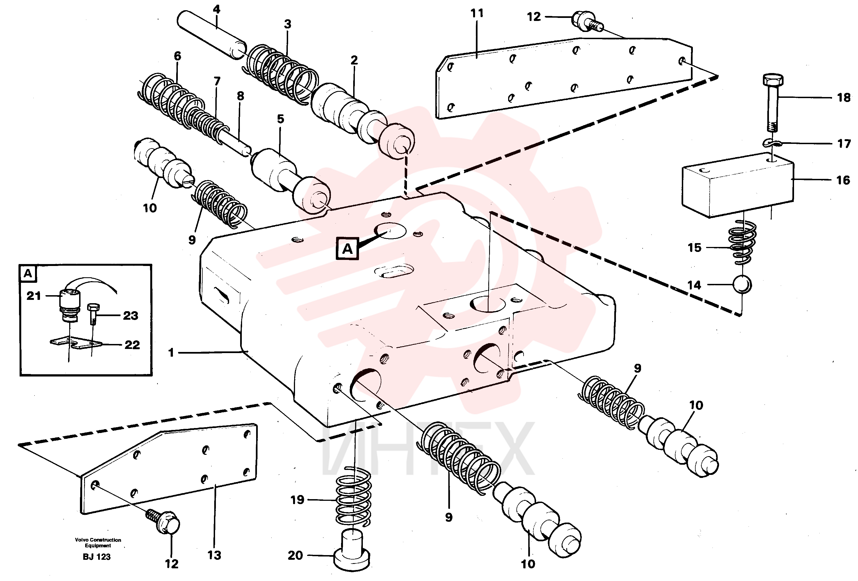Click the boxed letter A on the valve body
coord(347,249)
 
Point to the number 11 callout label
coord(477,13)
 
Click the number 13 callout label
coord(214,556)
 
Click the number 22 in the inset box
coord(132,345)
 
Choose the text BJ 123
coord(97,557)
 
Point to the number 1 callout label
coord(171,353)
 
